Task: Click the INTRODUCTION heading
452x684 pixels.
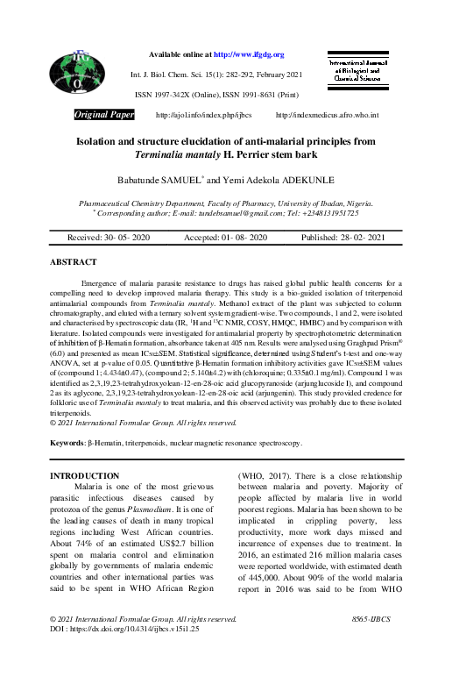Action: (84, 475)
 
